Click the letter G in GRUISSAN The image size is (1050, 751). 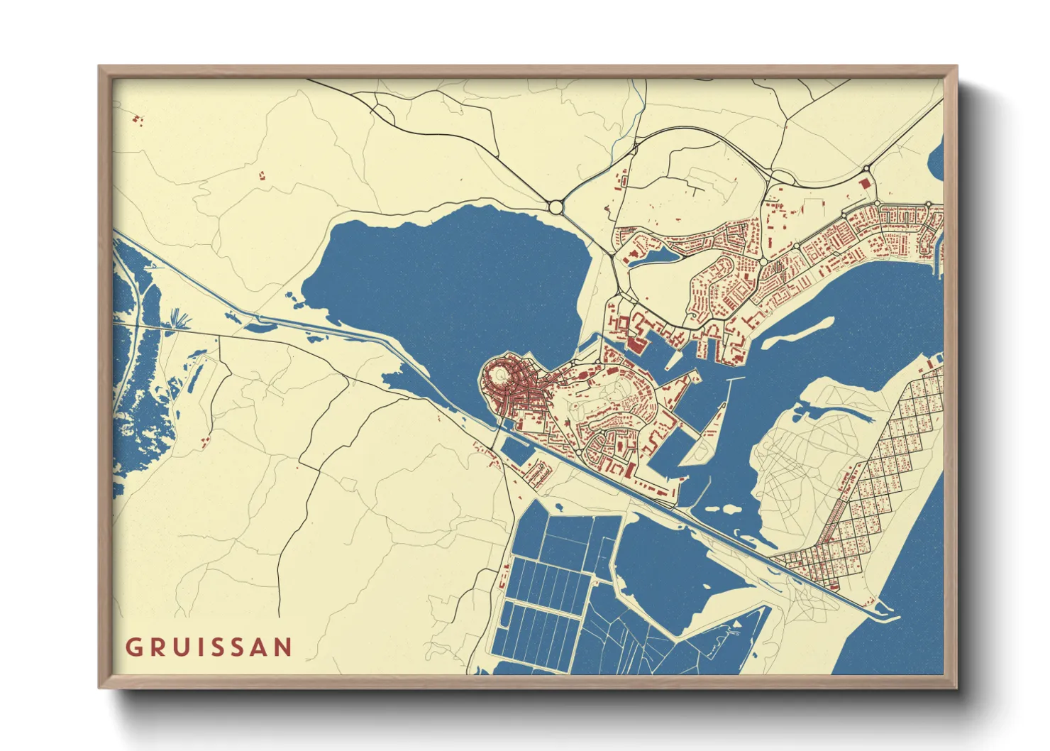[x=133, y=647]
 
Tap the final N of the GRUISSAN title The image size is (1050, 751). [x=284, y=647]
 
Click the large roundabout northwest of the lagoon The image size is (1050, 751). [x=556, y=207]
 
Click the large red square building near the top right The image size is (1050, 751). [x=864, y=182]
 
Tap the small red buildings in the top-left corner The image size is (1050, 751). [x=138, y=119]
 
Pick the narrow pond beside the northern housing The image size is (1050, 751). [x=653, y=255]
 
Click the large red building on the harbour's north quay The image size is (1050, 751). [x=634, y=345]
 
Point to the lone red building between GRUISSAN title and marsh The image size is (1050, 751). [x=205, y=441]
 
